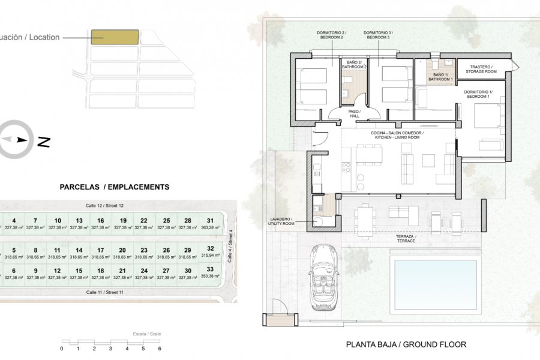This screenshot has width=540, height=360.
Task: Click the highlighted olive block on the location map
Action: click(115, 37)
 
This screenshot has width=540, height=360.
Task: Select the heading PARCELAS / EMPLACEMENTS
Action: click(115, 187)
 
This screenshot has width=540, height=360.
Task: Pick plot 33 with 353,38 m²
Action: click(210, 273)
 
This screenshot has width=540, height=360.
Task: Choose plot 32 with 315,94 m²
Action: click(210, 251)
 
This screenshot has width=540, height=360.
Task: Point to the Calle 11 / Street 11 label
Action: click(104, 292)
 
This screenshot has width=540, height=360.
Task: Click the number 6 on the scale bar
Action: click(160, 348)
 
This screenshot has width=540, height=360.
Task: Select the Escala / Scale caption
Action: click(147, 334)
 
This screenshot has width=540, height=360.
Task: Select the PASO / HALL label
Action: click(353, 113)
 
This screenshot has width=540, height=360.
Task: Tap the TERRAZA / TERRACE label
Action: click(406, 238)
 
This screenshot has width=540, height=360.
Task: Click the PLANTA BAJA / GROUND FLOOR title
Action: click(406, 344)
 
